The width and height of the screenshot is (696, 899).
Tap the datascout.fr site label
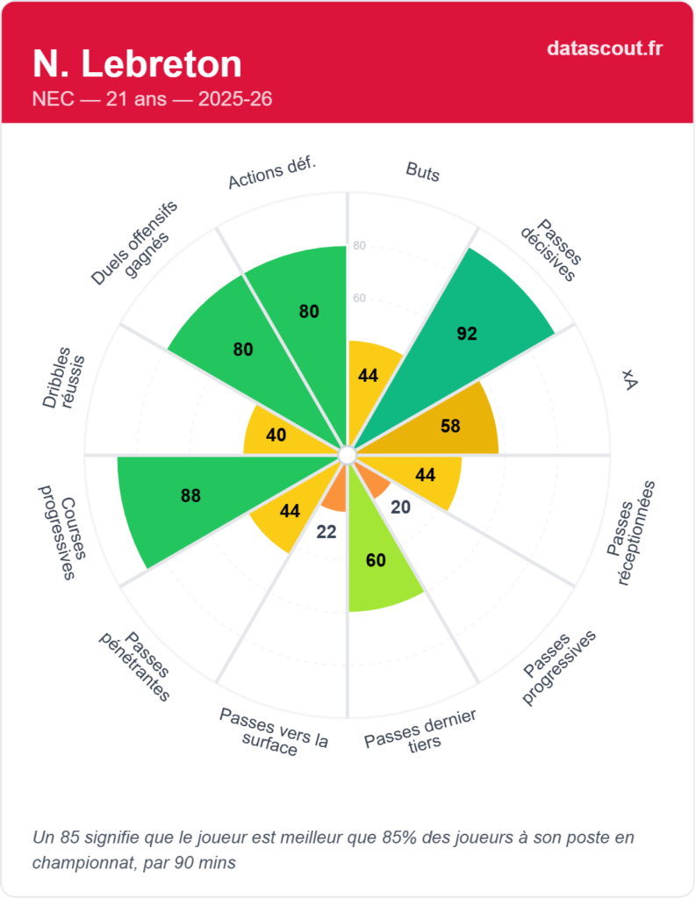pos(605,47)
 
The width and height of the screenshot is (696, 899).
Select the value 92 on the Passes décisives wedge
pos(467,333)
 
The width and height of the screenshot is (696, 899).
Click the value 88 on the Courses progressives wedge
pos(191,495)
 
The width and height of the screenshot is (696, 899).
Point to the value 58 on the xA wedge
pos(450,427)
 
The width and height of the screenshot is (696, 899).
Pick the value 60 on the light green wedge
pos(376,560)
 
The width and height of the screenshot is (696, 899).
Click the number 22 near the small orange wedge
pos(326,531)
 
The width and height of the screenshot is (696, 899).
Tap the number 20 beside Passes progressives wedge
pos(401,507)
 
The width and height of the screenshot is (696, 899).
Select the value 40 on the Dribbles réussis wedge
pos(276,435)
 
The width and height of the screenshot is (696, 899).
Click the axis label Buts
pos(422,171)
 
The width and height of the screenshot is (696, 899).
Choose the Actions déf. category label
pos(272,172)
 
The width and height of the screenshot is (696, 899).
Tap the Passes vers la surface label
pos(274,730)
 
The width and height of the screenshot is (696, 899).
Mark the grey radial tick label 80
pos(358,246)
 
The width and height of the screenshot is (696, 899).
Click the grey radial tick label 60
pos(358,298)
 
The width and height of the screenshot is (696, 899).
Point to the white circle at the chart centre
pos(348,455)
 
